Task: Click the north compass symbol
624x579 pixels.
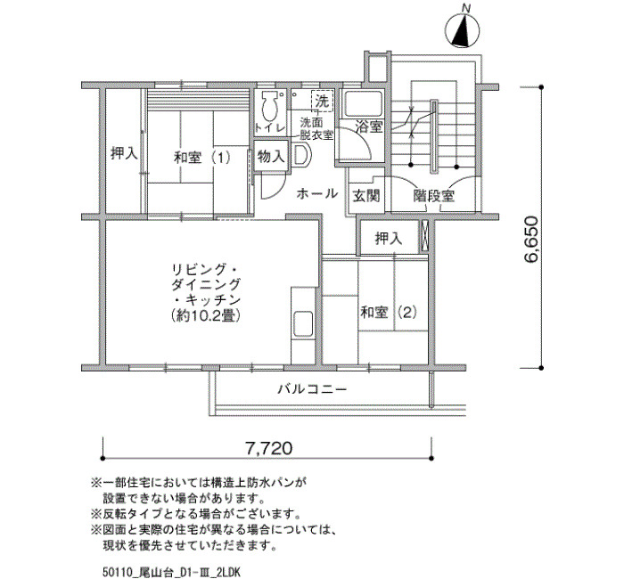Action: pyautogui.click(x=462, y=29)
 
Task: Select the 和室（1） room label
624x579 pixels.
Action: pyautogui.click(x=202, y=158)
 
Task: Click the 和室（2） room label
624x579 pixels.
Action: pyautogui.click(x=389, y=312)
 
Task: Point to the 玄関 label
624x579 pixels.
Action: pyautogui.click(x=366, y=195)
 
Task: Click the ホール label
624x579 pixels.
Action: pyautogui.click(x=317, y=193)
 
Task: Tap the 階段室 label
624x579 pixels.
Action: pyautogui.click(x=434, y=195)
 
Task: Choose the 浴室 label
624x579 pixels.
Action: pyautogui.click(x=369, y=127)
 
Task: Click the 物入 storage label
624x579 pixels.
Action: pyautogui.click(x=271, y=157)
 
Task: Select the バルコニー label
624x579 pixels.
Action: pyautogui.click(x=312, y=388)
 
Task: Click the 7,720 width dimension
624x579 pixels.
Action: pyautogui.click(x=268, y=448)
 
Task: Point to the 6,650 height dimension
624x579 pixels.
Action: pyautogui.click(x=531, y=240)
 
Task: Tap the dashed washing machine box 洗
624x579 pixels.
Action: pyautogui.click(x=322, y=102)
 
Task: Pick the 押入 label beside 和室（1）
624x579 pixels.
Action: pyautogui.click(x=124, y=153)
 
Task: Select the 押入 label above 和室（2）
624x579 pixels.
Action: pyautogui.click(x=389, y=238)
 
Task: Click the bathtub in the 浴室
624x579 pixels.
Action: pyautogui.click(x=363, y=104)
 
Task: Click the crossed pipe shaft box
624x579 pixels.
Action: pyautogui.click(x=424, y=237)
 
